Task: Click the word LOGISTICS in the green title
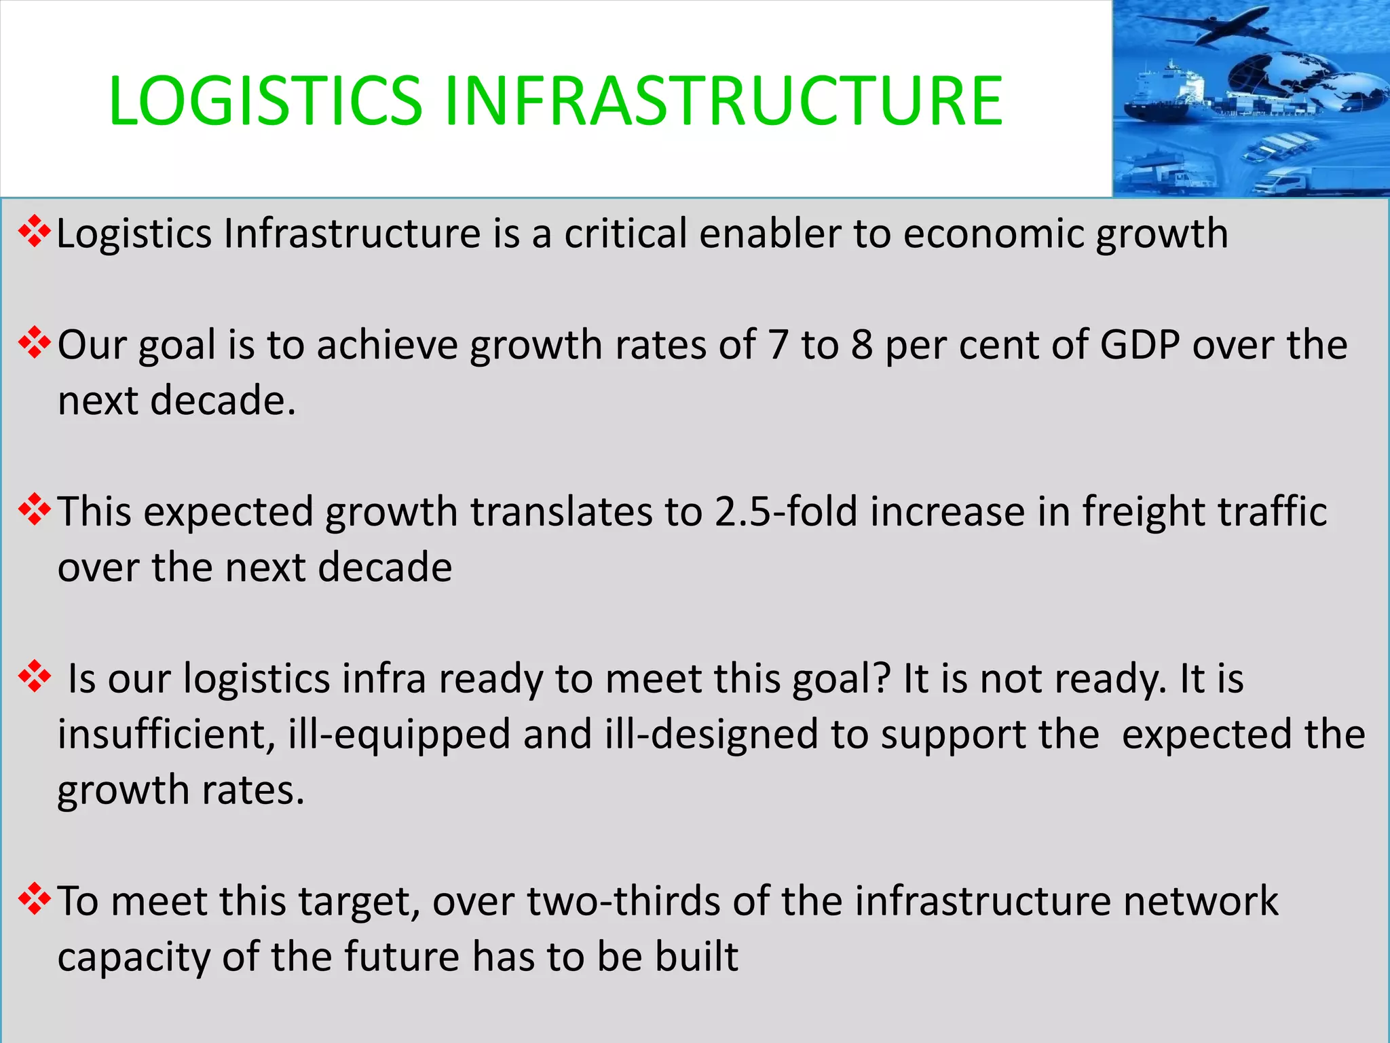[265, 101]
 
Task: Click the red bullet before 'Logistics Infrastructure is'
[35, 233]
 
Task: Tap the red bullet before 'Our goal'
[35, 344]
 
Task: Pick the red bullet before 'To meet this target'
[35, 900]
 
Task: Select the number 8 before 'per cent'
[861, 345]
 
